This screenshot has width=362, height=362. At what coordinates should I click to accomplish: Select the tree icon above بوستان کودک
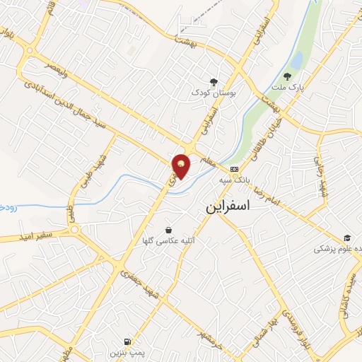(214, 81)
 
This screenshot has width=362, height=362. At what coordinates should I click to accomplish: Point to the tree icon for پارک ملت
(286, 76)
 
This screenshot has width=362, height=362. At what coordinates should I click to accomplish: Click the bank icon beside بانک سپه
(234, 169)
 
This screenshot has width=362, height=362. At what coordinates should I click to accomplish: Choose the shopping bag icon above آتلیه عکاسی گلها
(168, 230)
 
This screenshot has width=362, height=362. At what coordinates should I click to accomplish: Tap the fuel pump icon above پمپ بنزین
(127, 340)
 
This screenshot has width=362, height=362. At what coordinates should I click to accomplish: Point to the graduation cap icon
(346, 238)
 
